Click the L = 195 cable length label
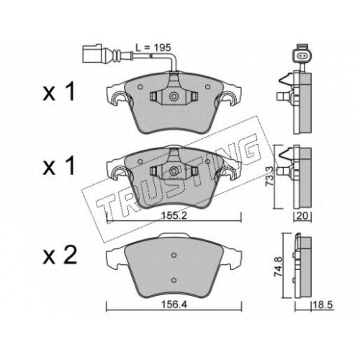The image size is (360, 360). coord(153,48)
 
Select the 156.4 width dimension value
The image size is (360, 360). coord(174,305)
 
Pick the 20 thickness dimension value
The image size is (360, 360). coord(302,216)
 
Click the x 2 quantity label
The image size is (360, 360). coord(60,256)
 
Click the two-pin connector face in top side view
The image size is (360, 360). coord(301,56)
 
